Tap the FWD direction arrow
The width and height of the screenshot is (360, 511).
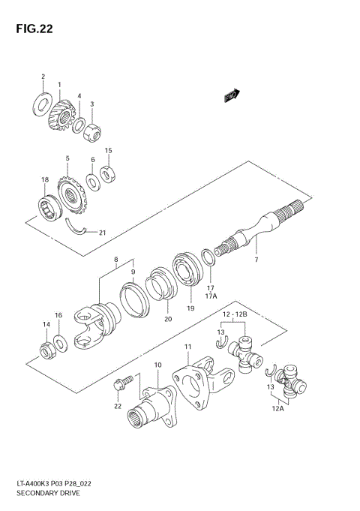[x=231, y=95]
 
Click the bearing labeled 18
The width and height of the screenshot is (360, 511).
[x=49, y=206]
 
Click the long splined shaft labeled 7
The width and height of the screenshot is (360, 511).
[x=255, y=229]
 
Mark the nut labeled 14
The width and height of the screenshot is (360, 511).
[x=46, y=349]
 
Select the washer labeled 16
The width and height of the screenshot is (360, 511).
[x=61, y=343]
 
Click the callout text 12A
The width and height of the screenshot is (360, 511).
[x=278, y=409]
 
